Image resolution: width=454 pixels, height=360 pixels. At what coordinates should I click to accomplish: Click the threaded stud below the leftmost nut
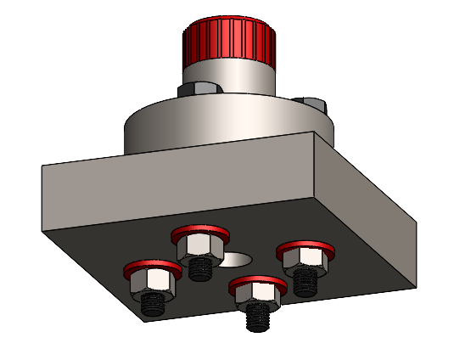click(x=153, y=304)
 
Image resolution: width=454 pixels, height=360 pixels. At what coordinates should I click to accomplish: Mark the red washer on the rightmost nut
click(x=305, y=246)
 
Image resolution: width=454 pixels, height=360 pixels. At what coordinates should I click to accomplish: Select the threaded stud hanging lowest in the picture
click(x=256, y=318)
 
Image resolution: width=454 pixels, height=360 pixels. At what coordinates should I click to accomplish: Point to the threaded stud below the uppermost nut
click(x=200, y=268)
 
